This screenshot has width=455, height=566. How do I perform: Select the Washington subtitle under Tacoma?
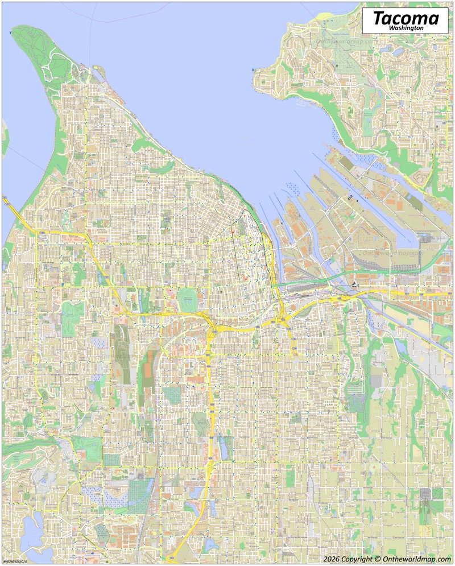pyautogui.click(x=406, y=27)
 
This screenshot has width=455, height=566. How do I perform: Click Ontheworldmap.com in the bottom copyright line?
pyautogui.click(x=420, y=559)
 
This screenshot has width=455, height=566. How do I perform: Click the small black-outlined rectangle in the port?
pyautogui.click(x=350, y=198)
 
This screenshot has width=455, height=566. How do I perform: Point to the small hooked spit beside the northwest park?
pyautogui.click(x=100, y=73)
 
